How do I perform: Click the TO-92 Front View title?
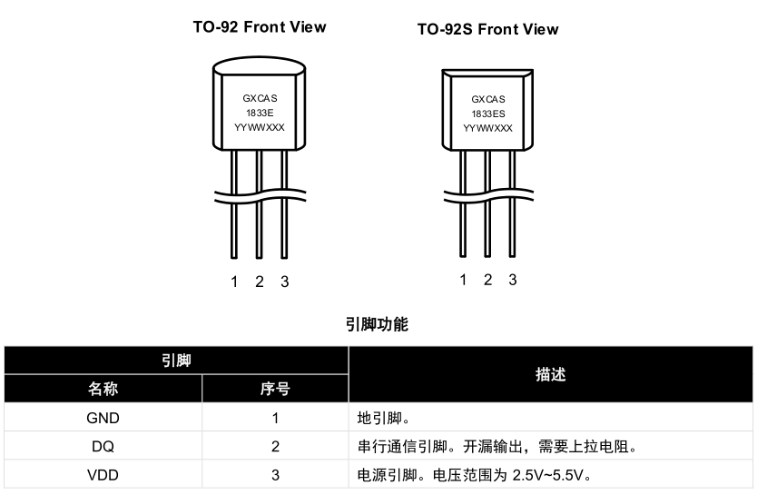259,26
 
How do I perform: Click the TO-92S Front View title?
487,29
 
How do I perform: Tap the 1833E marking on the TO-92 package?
259,112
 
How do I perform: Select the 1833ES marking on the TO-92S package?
487,114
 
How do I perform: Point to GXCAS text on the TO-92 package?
259,97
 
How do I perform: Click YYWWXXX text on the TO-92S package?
487,128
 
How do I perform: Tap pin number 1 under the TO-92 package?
234,282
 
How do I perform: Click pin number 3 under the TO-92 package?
284,282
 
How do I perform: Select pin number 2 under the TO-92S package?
487,280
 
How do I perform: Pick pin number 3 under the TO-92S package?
513,280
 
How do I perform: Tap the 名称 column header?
103,390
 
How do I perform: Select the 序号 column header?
275,390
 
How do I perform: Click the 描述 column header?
550,374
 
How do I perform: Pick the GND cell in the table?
103,419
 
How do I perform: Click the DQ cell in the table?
103,446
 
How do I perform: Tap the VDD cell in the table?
103,474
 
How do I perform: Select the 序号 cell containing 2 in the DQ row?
275,446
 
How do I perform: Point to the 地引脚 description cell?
387,419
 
